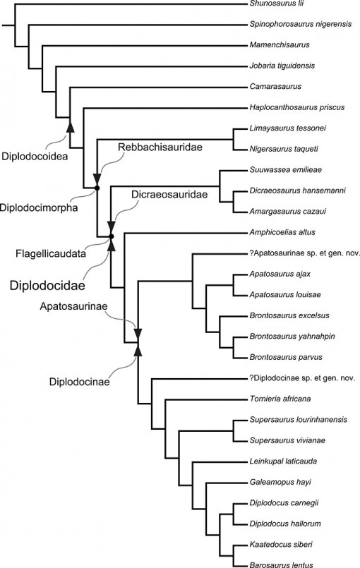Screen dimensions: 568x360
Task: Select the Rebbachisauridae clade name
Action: pyautogui.click(x=150, y=146)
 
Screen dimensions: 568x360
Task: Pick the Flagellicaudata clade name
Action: pyautogui.click(x=40, y=253)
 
